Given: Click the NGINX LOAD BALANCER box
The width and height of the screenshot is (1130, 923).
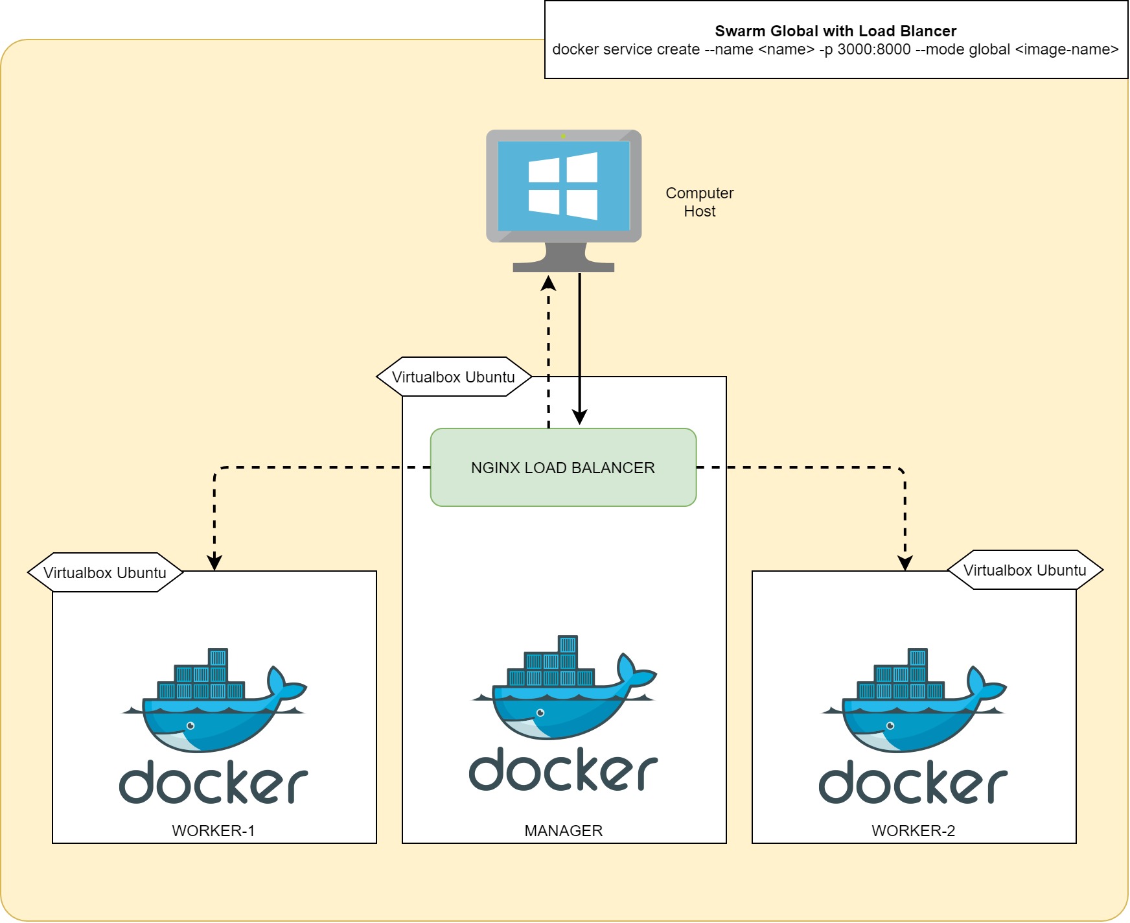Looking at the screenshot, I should tap(563, 467).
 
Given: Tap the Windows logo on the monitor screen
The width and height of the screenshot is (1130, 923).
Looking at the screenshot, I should tap(563, 186).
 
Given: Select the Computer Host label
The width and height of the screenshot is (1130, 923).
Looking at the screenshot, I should tap(699, 202).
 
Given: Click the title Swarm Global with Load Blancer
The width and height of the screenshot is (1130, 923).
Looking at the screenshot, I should tap(835, 31).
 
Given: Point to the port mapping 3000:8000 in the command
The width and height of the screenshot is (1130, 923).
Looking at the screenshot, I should tap(873, 50).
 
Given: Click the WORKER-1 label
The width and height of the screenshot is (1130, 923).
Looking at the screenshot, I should tap(213, 831).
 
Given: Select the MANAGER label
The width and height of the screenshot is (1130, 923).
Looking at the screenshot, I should tap(563, 831).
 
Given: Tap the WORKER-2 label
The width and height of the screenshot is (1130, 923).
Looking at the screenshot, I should tap(913, 831).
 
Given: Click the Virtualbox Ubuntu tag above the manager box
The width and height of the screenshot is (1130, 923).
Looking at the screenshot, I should tap(454, 377).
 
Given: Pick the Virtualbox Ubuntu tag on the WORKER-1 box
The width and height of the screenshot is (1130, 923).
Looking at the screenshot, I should tap(105, 573).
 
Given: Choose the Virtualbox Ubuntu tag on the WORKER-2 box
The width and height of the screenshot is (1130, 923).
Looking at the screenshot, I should tap(1024, 570).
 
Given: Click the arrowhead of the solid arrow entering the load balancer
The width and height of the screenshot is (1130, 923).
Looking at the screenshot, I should tap(580, 418).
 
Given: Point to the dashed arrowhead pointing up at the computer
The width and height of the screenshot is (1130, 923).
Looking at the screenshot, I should tap(549, 283).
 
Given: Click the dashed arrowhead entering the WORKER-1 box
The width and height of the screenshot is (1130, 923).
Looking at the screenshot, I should tap(214, 563).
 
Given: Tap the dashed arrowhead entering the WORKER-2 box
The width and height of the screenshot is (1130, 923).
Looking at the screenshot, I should tap(905, 563).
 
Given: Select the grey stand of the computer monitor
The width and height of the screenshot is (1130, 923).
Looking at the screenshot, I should tap(563, 259).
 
